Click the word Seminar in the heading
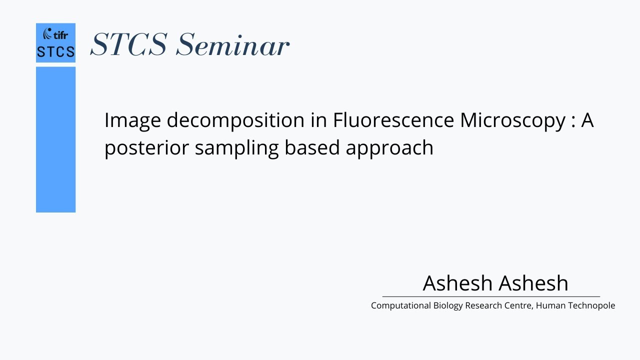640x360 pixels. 232,44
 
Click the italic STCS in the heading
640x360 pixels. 128,44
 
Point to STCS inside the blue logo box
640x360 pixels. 55,52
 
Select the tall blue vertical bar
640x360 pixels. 55,140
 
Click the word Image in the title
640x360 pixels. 132,121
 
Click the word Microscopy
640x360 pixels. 512,121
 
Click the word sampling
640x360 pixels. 236,148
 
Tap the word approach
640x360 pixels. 389,148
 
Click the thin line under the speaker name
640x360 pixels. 490,296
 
